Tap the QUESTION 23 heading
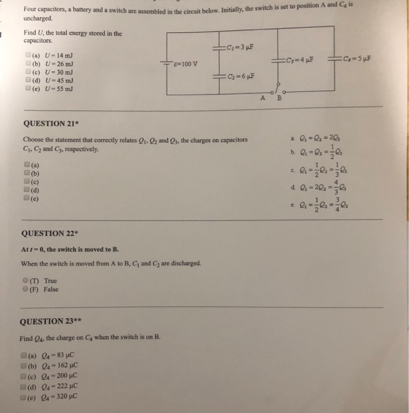tap(51, 322)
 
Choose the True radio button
tap(26, 281)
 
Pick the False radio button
tap(26, 289)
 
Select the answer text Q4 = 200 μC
tap(57, 376)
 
